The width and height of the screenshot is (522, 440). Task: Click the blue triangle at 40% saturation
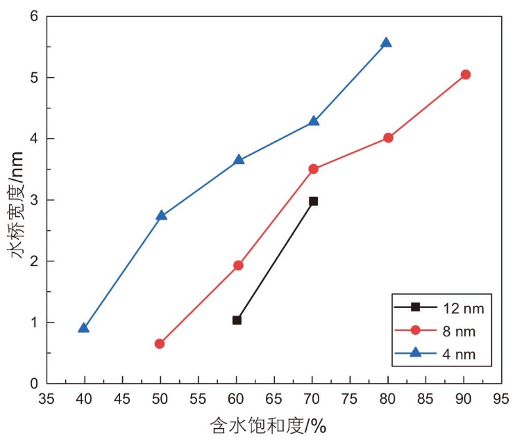(83, 328)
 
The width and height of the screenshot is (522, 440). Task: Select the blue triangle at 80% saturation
(386, 42)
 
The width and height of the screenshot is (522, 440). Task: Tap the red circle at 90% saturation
(466, 74)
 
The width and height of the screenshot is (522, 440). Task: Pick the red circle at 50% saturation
(160, 343)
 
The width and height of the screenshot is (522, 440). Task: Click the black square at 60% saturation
(237, 320)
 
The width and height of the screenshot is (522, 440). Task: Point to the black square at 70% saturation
(313, 201)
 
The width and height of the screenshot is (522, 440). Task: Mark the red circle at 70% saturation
(313, 169)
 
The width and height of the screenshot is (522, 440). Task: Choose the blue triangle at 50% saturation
(161, 215)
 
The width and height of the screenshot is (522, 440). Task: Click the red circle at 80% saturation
(388, 138)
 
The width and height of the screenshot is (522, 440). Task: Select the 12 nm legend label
(463, 309)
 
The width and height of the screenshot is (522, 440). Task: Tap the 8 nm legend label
(459, 332)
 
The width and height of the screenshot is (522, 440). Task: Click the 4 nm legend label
(459, 355)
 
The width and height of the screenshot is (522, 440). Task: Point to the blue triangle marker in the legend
(415, 352)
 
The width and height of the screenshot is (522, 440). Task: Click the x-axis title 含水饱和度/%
(268, 425)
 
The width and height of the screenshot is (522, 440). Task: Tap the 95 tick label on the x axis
(501, 399)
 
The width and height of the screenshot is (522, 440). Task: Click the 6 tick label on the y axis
(34, 16)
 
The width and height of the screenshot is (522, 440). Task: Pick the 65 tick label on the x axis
(273, 399)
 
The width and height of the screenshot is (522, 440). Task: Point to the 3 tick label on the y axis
(34, 200)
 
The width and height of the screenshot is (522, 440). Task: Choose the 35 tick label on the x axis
(47, 399)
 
